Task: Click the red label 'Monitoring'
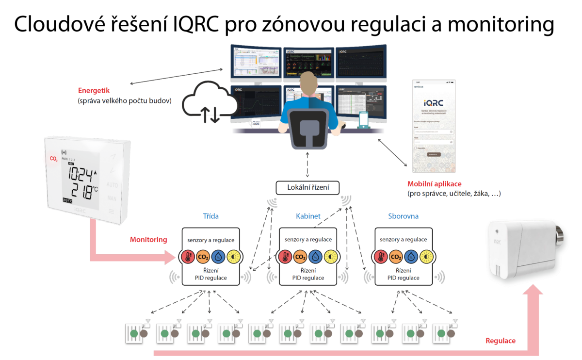(x=148, y=239)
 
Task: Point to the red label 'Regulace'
(x=501, y=341)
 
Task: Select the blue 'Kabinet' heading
(x=308, y=216)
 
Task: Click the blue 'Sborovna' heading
(x=403, y=216)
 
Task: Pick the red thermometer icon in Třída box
(x=187, y=257)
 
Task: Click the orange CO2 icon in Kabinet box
(x=300, y=257)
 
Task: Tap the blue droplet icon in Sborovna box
(x=411, y=257)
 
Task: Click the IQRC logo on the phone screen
(x=433, y=103)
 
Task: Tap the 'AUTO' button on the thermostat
(x=112, y=185)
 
